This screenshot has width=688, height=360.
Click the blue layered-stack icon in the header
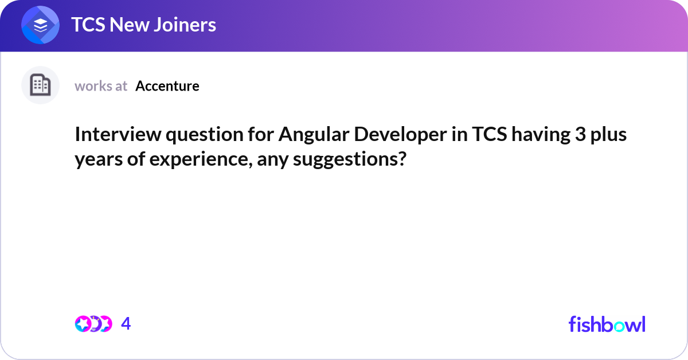tap(40, 25)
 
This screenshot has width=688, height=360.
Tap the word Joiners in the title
tap(185, 25)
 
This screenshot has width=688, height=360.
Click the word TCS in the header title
tap(88, 25)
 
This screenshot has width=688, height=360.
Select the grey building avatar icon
tap(40, 85)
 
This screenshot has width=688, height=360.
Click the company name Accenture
tap(167, 86)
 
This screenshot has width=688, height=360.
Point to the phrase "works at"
tap(101, 86)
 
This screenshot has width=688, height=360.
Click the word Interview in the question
tap(118, 134)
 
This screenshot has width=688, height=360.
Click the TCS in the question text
tap(490, 134)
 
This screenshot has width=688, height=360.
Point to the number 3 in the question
tap(580, 135)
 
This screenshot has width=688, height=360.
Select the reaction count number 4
tap(126, 324)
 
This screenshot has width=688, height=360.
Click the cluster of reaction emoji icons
tap(93, 324)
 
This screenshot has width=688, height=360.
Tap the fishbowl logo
tap(607, 324)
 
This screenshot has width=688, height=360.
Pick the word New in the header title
tap(130, 25)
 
